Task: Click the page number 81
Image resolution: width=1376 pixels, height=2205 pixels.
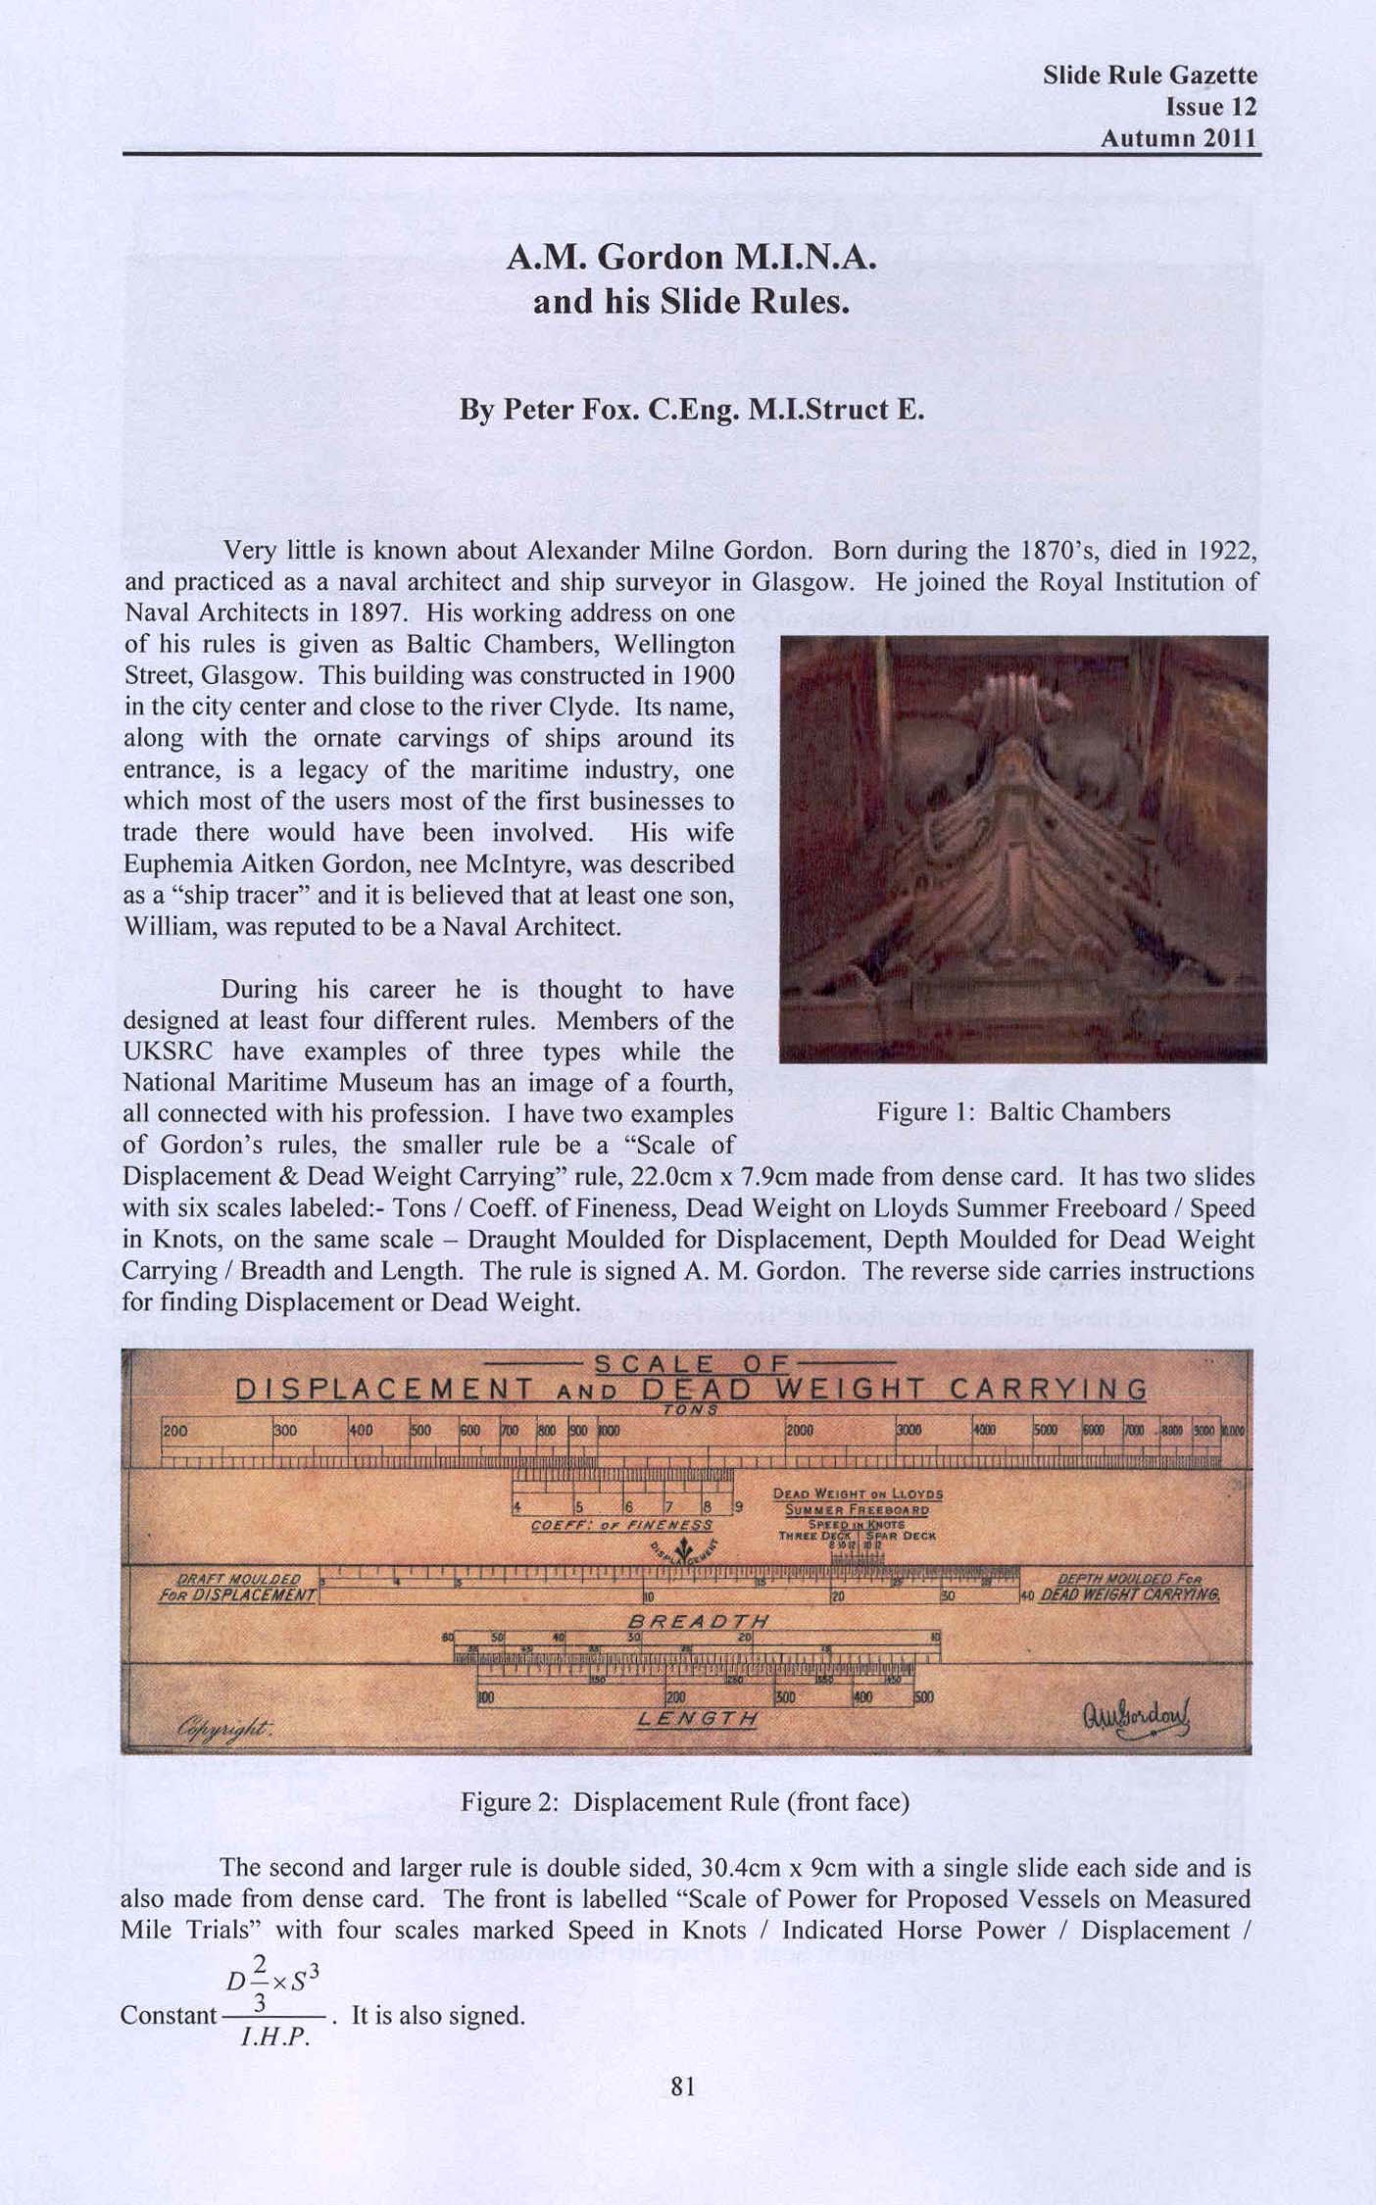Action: [682, 2087]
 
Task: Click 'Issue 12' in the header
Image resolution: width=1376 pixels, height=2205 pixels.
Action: [1210, 107]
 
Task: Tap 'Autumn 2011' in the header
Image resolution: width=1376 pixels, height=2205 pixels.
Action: [1178, 138]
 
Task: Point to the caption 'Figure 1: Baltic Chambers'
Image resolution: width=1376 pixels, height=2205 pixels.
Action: [1022, 1112]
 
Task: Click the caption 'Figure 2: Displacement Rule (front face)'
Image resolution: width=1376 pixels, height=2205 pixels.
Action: [685, 1802]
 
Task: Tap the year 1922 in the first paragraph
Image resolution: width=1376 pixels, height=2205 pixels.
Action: [1225, 550]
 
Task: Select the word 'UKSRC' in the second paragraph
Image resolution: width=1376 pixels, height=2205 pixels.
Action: [168, 1052]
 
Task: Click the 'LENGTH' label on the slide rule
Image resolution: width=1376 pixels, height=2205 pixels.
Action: [697, 1719]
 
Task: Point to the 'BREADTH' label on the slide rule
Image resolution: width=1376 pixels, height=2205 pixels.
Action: [697, 1621]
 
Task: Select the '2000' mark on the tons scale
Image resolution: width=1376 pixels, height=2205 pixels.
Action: [800, 1430]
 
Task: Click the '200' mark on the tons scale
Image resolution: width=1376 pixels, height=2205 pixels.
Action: [176, 1430]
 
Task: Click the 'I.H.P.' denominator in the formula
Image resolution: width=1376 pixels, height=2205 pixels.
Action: [275, 2035]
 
